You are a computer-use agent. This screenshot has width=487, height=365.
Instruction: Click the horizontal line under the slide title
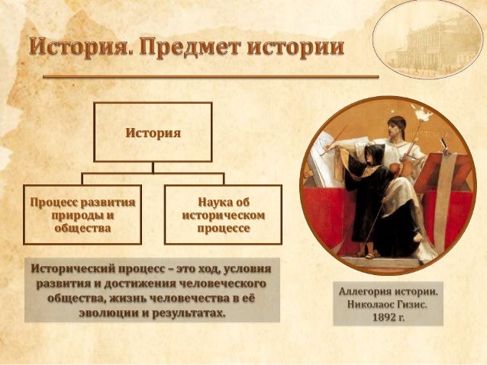(210, 77)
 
